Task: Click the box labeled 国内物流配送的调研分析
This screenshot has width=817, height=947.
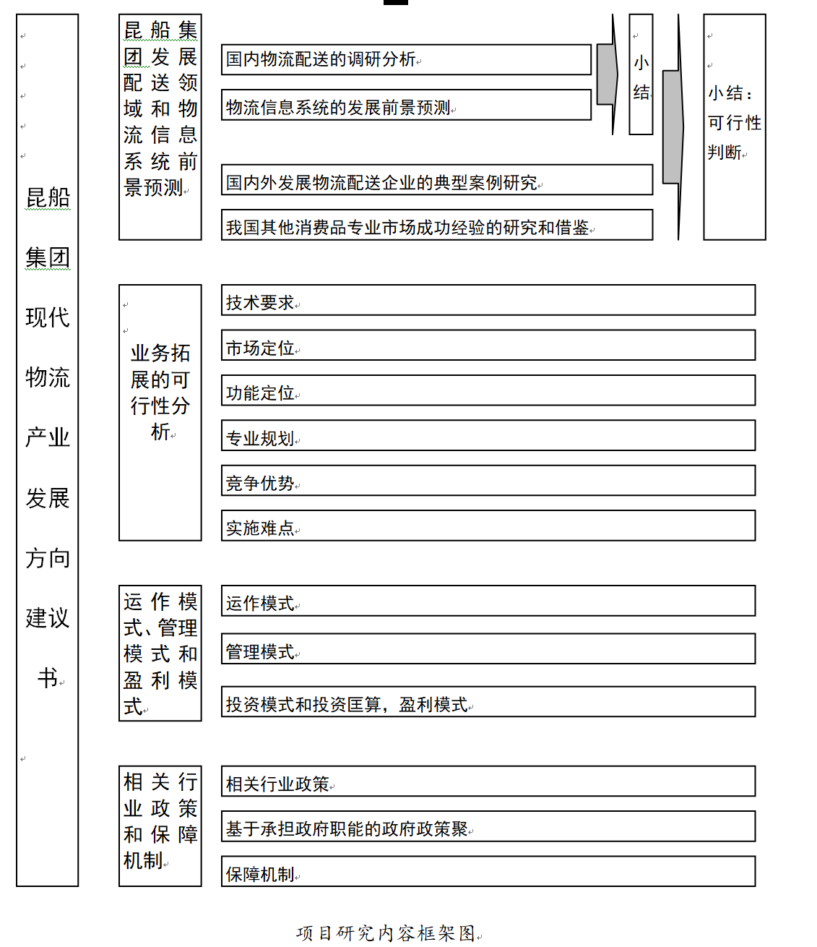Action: coord(406,59)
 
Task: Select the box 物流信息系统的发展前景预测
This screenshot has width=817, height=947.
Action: coord(406,105)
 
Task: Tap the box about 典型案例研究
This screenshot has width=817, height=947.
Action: coord(436,180)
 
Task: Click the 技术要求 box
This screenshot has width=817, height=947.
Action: coord(488,300)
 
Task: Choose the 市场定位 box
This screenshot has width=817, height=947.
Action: coord(488,346)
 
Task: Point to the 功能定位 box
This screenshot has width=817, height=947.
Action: coord(488,390)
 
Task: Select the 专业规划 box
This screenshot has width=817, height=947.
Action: coord(488,436)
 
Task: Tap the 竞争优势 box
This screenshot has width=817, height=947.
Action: coord(488,481)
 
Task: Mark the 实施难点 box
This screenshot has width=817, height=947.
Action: coord(488,526)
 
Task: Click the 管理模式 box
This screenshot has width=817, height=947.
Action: coord(488,649)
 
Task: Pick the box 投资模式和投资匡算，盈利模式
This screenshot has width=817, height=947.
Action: coord(488,702)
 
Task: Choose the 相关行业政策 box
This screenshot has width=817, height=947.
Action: coord(488,781)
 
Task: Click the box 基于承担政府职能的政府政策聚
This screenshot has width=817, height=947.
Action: coord(488,826)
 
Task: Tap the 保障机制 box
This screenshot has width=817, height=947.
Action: coord(488,872)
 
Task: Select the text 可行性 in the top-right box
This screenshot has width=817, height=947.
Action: coord(735,123)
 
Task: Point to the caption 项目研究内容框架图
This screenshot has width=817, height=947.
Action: coord(386,933)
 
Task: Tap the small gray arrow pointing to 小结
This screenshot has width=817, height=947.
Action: coord(608,74)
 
